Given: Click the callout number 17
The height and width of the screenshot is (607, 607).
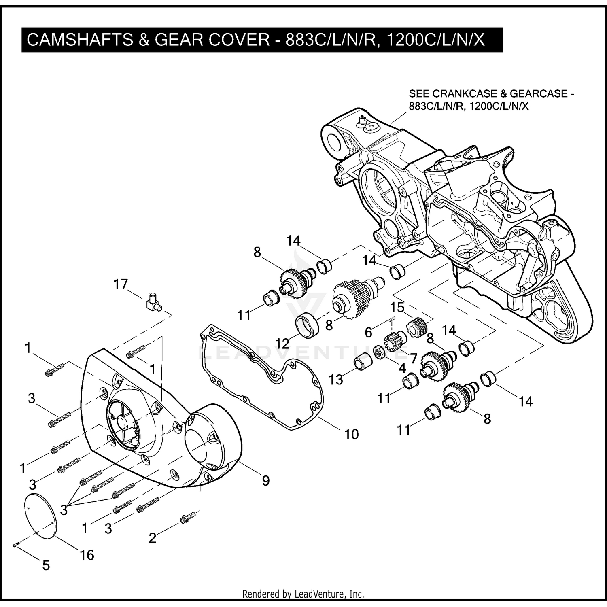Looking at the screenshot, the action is click(121, 284).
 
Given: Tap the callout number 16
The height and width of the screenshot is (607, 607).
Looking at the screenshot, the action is click(87, 555).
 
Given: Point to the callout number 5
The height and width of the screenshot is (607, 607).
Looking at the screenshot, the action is click(46, 565).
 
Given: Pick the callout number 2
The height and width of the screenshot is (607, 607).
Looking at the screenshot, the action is click(152, 538).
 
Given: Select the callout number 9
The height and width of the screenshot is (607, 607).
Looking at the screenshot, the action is click(265, 480).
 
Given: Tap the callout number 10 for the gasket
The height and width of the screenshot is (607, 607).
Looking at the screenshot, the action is click(351, 434).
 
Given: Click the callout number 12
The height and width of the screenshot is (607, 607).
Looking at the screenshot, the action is click(282, 344).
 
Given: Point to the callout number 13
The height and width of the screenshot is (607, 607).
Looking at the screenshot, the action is click(335, 379).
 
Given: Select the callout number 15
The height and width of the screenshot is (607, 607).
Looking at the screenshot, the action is click(397, 308).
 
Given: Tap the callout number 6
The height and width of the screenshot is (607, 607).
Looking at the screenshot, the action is click(368, 332).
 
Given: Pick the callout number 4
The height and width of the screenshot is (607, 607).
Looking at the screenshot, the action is click(402, 369).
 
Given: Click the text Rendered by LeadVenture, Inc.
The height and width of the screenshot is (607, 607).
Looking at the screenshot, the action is click(303, 594).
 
